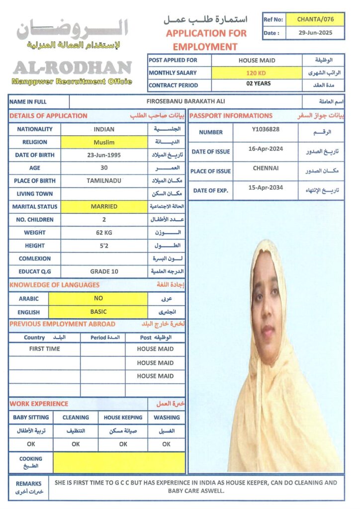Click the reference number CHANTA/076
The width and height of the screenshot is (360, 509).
tap(315, 19)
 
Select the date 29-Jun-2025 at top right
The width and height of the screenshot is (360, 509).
tap(315, 33)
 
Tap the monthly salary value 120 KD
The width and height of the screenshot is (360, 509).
tap(257, 73)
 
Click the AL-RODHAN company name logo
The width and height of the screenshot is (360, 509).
tap(73, 67)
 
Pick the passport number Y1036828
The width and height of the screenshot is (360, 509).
tap(266, 129)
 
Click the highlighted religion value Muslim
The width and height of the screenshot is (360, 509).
tap(104, 142)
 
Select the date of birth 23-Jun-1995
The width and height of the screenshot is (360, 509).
tap(104, 155)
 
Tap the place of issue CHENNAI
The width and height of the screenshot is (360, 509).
tap(266, 168)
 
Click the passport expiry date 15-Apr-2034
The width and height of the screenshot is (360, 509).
tap(266, 187)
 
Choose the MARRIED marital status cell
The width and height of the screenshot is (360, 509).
tap(104, 206)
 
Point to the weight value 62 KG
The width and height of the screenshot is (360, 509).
tap(104, 232)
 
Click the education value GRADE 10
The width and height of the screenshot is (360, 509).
tap(104, 271)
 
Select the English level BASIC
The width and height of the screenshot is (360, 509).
tap(98, 312)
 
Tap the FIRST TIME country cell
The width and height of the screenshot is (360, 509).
tap(44, 349)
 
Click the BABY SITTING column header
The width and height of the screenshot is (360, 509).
tap(30, 418)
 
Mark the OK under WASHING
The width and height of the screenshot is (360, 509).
tap(167, 444)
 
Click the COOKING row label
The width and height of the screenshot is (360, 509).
tap(30, 462)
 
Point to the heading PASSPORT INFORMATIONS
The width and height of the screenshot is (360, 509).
tap(231, 116)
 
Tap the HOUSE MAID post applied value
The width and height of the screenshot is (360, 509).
tap(257, 60)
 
